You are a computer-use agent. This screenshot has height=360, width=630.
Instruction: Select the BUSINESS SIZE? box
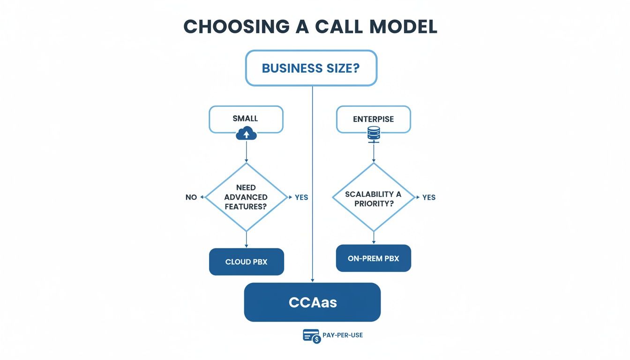click(311, 68)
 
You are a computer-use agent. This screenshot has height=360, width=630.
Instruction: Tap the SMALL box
click(246, 119)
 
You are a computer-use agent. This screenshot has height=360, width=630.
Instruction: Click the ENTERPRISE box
click(373, 119)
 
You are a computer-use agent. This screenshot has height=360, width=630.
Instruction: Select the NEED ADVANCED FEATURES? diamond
click(246, 197)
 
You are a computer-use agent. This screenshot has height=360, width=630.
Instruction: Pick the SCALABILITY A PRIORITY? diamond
click(374, 197)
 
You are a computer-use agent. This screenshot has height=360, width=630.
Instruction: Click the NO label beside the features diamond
click(191, 197)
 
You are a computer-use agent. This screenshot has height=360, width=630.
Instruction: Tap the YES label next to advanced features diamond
click(301, 197)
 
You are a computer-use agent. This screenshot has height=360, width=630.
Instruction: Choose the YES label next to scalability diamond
click(429, 197)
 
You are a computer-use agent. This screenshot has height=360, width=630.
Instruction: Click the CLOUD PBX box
click(246, 262)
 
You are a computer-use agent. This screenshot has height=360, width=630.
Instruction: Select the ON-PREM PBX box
click(374, 258)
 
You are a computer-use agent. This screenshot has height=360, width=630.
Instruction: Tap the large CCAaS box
click(312, 302)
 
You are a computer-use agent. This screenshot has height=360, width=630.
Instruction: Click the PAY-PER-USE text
click(343, 335)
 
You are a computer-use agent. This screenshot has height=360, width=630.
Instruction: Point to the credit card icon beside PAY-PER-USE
click(311, 336)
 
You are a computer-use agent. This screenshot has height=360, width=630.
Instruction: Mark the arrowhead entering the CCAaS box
click(312, 280)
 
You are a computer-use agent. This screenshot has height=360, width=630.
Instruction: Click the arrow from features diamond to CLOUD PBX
click(246, 240)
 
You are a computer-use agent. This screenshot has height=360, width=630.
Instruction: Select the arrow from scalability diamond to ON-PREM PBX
click(374, 238)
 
